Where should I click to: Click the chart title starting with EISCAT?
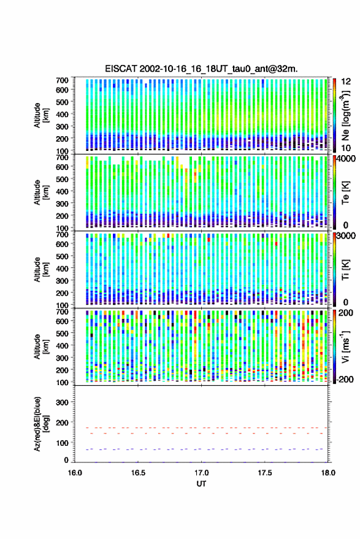point(201,69)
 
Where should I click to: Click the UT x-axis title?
point(201,484)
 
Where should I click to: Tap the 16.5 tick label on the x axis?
point(138,473)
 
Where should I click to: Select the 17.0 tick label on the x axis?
point(201,473)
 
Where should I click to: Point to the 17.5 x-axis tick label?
point(264,473)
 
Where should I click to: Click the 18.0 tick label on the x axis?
point(327,473)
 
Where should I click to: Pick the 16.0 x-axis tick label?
point(75,473)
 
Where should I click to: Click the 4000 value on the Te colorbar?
point(347,159)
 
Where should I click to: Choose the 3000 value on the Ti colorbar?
point(347,236)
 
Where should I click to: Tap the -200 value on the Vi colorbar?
point(345,380)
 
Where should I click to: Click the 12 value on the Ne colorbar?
point(346,82)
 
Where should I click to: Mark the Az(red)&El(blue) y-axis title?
point(42,424)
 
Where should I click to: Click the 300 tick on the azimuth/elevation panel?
point(62,402)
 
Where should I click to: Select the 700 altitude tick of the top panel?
point(62,80)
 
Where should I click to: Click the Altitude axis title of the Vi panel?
point(41,346)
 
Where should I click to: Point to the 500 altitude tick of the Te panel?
point(62,179)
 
